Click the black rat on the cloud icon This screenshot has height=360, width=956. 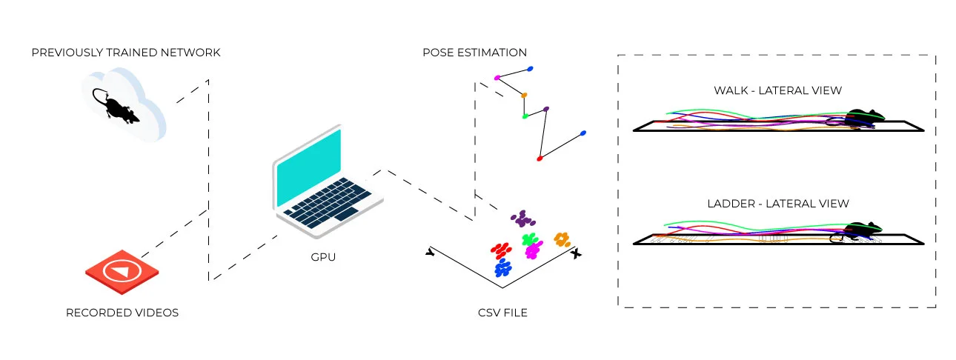(x=113, y=106)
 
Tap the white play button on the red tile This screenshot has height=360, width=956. (x=122, y=270)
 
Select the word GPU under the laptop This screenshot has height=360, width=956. (x=324, y=257)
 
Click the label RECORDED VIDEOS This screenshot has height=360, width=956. (x=122, y=313)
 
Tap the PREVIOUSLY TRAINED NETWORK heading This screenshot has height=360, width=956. (x=126, y=53)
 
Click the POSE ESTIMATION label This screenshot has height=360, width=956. (x=474, y=53)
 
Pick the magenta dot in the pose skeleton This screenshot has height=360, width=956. (x=497, y=78)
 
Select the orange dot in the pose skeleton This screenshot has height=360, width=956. (x=524, y=95)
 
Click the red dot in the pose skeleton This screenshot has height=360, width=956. (x=540, y=158)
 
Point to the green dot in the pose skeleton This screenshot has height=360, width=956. (x=524, y=116)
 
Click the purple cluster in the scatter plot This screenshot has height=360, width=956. (x=523, y=219)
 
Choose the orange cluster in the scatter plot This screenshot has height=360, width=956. (x=562, y=239)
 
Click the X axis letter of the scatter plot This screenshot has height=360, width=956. (x=577, y=253)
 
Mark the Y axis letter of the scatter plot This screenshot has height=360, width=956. (x=430, y=253)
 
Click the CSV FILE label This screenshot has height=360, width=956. (x=502, y=313)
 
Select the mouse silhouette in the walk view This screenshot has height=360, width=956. (x=864, y=116)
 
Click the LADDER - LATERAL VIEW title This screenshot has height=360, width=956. (x=777, y=203)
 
